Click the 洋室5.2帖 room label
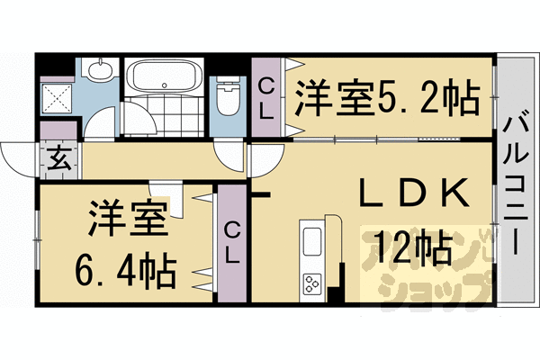(387, 98)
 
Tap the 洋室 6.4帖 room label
(126, 244)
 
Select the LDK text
(414, 193)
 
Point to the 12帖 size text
(413, 247)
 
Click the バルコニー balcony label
(515, 185)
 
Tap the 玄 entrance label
(60, 159)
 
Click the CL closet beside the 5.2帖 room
(265, 97)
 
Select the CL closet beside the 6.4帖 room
(232, 243)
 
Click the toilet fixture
(228, 95)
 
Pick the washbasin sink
(100, 70)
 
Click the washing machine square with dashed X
(58, 98)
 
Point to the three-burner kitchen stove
(312, 283)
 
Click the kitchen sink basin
(312, 242)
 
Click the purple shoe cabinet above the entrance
(58, 130)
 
